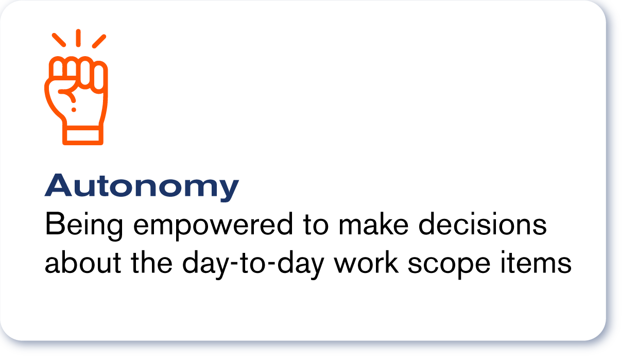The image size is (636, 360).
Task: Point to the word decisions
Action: [483, 224]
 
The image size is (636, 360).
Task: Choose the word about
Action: [83, 262]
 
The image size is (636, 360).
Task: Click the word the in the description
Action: [151, 262]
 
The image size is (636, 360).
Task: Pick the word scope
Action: [449, 265]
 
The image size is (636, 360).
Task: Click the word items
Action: [536, 262]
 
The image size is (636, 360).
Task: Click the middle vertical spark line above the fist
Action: [78, 38]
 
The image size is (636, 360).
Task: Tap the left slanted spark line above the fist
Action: [59, 40]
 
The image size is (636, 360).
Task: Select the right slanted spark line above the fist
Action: [99, 41]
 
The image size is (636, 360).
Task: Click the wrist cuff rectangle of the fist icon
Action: [82, 135]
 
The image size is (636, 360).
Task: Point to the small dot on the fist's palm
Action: [74, 110]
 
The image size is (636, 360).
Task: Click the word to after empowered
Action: [316, 225]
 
